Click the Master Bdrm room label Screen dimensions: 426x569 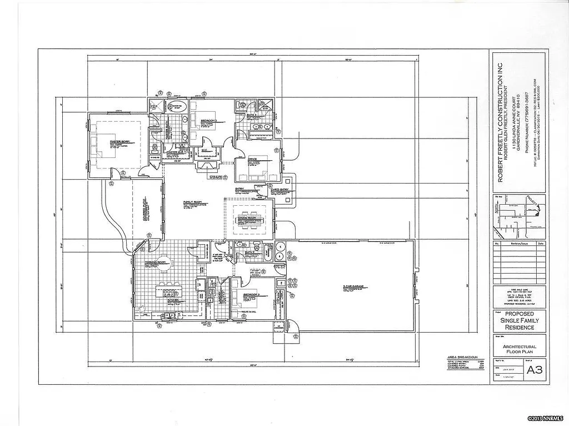[119, 142]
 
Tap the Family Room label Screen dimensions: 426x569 [192, 202]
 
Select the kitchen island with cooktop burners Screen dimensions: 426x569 [168, 291]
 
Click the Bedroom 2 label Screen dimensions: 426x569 [208, 120]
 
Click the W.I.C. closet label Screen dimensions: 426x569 [204, 150]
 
